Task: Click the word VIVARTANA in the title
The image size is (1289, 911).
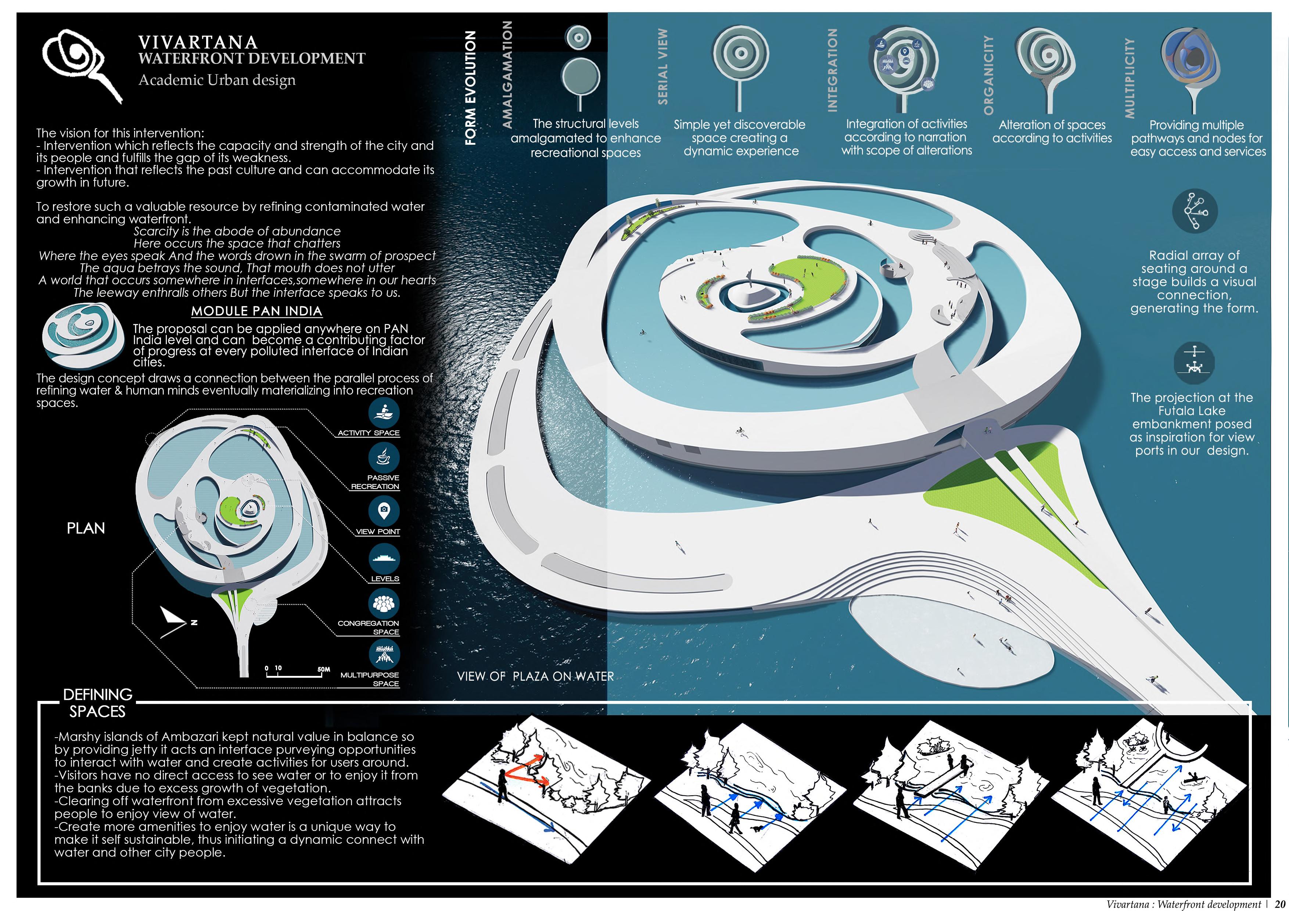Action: (198, 43)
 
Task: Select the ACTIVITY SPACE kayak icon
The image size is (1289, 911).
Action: (384, 413)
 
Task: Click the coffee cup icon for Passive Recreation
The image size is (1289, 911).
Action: (384, 457)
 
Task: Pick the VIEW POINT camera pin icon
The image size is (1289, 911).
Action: (384, 511)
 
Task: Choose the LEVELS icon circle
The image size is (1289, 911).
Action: (384, 558)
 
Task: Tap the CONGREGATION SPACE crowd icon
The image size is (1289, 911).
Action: (384, 604)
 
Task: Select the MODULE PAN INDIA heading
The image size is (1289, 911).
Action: (256, 311)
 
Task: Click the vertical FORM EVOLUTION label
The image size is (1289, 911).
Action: (470, 88)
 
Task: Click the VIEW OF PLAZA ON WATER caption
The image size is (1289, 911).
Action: (536, 676)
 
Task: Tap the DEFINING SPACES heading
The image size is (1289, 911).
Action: (98, 703)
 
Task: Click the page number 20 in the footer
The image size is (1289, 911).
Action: (1279, 904)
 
